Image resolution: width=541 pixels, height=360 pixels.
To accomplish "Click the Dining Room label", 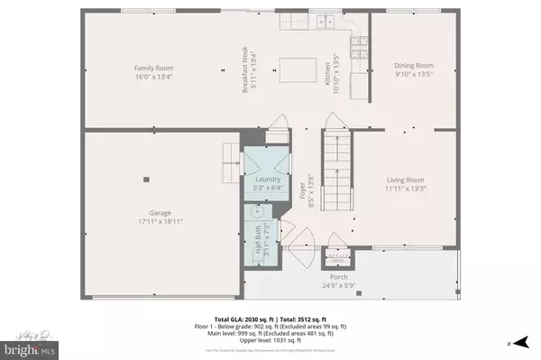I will [414, 65].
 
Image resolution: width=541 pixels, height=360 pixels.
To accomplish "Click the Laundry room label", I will [268, 180].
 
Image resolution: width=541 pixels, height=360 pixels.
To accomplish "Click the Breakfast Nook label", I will [244, 68].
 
